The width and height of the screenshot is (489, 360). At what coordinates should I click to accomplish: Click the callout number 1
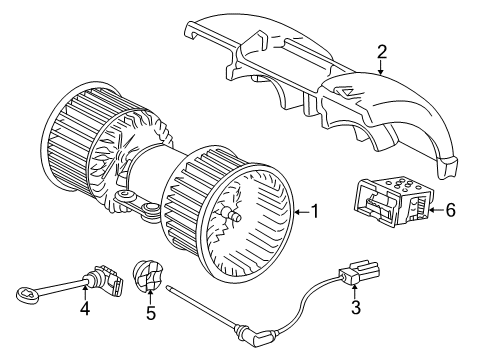[314, 212]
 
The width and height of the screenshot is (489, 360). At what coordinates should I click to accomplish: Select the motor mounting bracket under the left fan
[135, 205]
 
